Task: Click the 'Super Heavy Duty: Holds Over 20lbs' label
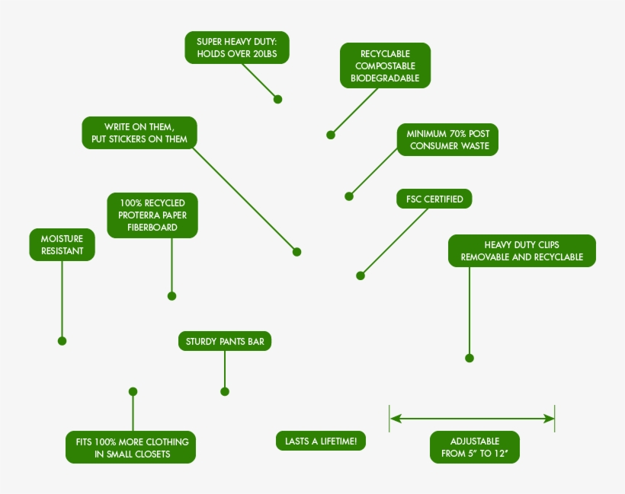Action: click(x=237, y=47)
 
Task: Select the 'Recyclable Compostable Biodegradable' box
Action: click(x=385, y=65)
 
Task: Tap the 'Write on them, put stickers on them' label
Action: click(x=139, y=132)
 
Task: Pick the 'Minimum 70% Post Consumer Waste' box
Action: click(x=447, y=139)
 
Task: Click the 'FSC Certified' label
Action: click(x=434, y=199)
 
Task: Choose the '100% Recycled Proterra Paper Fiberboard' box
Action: click(x=152, y=215)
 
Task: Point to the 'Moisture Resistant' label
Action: click(x=62, y=244)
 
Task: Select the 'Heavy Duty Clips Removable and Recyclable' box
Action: click(x=522, y=250)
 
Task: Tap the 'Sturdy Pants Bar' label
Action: click(x=225, y=341)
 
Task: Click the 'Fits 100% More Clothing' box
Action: click(x=131, y=447)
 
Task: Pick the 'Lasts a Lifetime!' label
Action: click(x=320, y=441)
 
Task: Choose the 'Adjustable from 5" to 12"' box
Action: click(x=475, y=447)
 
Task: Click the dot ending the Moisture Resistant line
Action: click(x=62, y=341)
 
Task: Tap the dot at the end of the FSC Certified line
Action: click(x=361, y=276)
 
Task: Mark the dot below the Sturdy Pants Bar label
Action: click(x=225, y=392)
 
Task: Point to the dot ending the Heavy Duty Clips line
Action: click(x=470, y=359)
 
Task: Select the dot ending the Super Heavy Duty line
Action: click(x=278, y=99)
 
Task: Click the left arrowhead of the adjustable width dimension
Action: click(x=395, y=419)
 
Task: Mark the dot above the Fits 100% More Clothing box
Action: click(x=133, y=392)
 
